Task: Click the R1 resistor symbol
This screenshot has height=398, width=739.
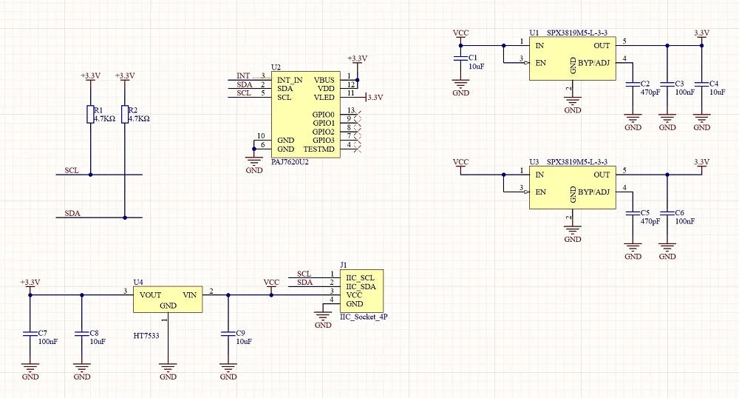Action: [x=90, y=115]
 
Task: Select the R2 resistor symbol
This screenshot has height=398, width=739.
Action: [x=125, y=115]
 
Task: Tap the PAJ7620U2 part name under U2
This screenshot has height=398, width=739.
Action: [x=290, y=162]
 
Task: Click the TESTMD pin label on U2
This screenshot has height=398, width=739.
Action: [x=319, y=149]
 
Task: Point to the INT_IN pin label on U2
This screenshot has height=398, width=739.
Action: [x=290, y=80]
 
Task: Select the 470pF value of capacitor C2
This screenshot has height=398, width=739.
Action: [x=650, y=92]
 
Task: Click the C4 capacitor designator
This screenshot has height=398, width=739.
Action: [x=714, y=84]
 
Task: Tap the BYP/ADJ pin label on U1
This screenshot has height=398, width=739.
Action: [x=594, y=63]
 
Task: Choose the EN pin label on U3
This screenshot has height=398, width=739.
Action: [x=541, y=192]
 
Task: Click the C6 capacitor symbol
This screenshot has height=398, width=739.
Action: [x=667, y=213]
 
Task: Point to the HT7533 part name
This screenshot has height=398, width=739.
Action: [x=146, y=336]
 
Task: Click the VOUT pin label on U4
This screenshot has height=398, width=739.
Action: [x=150, y=295]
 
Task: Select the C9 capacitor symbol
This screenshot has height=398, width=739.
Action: [x=228, y=334]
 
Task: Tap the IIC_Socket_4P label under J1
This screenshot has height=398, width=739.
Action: [x=364, y=317]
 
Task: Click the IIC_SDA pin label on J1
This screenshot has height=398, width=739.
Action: [x=361, y=287]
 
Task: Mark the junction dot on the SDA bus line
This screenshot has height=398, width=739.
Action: [x=125, y=217]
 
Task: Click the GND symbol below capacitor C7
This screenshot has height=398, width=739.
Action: [x=30, y=368]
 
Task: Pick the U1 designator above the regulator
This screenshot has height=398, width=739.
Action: [x=534, y=33]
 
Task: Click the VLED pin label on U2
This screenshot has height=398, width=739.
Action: [x=324, y=98]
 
